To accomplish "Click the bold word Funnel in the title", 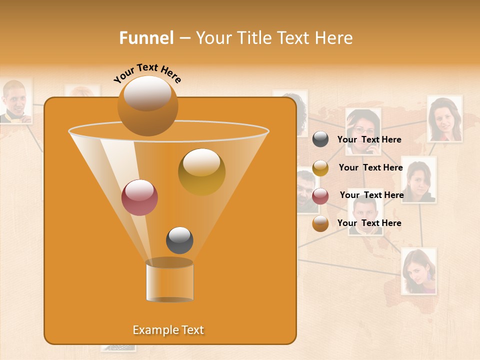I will tap(146, 38).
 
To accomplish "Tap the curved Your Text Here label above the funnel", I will tap(147, 73).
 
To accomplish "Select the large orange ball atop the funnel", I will tap(147, 105).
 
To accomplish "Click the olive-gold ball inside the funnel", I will tap(201, 171).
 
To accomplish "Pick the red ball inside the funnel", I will tap(139, 197).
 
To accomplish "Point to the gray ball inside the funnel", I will tap(179, 240).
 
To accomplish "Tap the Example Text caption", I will tap(168, 330).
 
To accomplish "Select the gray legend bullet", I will tap(320, 139).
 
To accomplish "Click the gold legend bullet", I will tap(320, 168).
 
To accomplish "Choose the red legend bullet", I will tap(320, 196).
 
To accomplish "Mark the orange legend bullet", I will tap(320, 223).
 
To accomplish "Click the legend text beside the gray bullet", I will tap(369, 139).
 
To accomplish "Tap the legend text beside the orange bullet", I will tap(369, 223).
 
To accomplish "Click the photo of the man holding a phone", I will tap(15, 101).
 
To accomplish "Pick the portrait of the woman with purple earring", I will tap(418, 271).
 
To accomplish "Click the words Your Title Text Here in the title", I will tap(274, 38).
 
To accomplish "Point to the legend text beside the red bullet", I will tap(371, 195).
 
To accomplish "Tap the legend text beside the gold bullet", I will tap(370, 167).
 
